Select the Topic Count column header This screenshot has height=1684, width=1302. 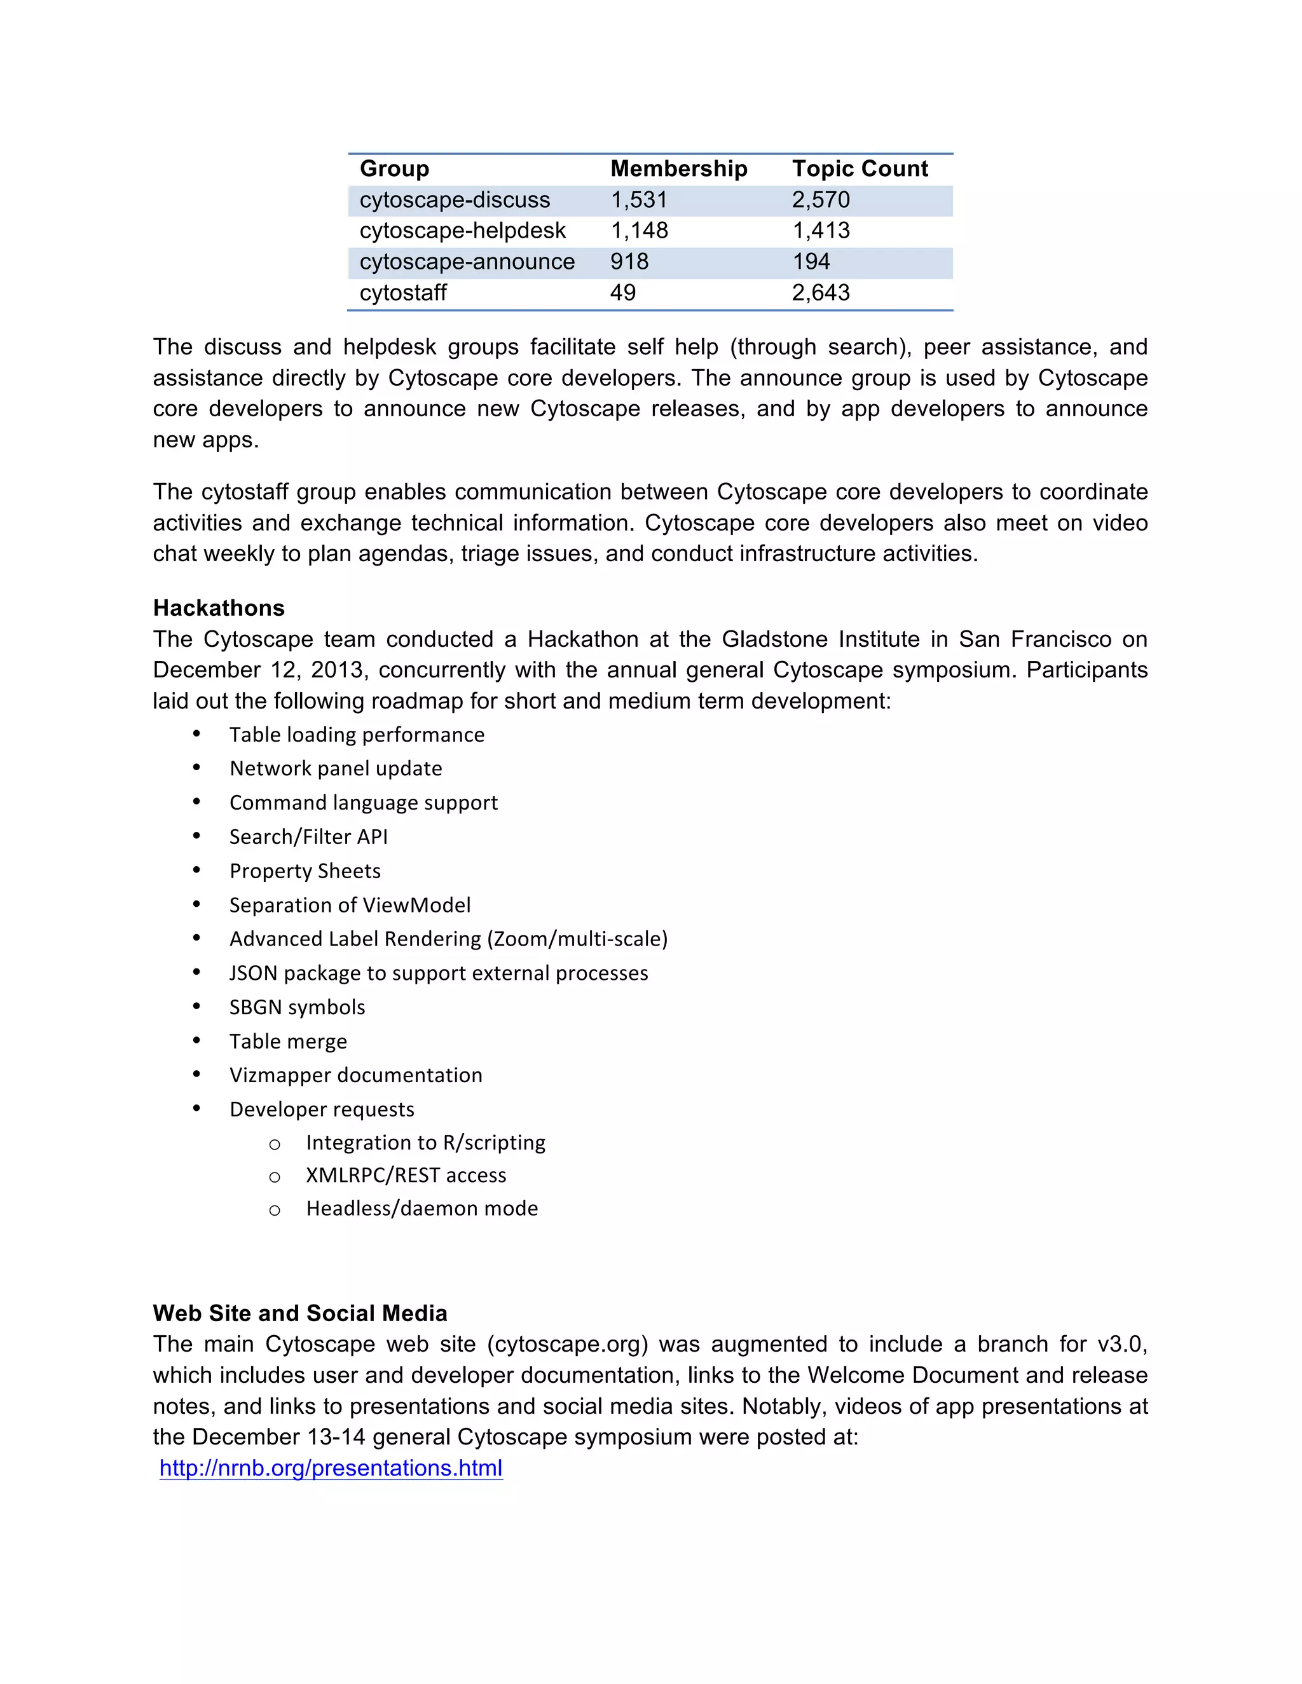click(860, 169)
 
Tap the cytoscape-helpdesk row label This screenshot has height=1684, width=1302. click(462, 231)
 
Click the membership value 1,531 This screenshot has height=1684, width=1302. click(639, 200)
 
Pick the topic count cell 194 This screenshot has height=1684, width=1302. click(811, 261)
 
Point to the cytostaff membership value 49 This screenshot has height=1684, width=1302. click(622, 293)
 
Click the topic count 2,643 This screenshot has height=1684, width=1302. click(821, 293)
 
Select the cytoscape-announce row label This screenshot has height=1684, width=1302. click(467, 261)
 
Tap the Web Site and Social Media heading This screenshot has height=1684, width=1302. click(300, 1313)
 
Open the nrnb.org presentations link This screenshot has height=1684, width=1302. click(331, 1468)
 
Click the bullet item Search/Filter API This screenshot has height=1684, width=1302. click(308, 837)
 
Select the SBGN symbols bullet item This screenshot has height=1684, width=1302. click(297, 1007)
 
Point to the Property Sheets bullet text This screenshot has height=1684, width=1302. click(305, 871)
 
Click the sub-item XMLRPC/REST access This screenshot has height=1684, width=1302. click(406, 1175)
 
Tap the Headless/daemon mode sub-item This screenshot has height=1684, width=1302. click(422, 1208)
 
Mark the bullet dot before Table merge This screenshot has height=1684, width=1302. click(196, 1041)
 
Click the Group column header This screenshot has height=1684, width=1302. click(394, 169)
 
